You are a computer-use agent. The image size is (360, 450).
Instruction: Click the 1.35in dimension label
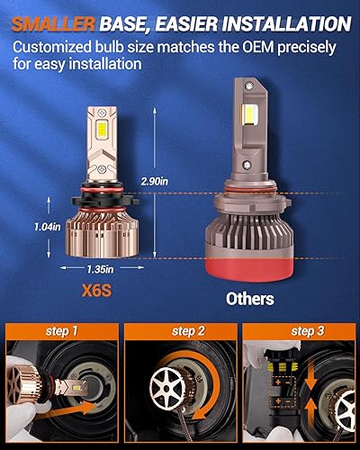101,268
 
